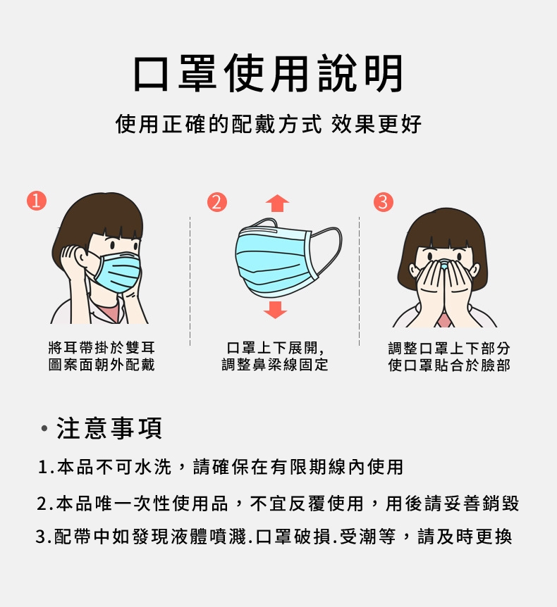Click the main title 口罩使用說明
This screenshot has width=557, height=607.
268,73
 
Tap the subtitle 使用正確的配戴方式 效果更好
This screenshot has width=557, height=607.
268,124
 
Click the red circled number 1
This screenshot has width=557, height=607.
37,201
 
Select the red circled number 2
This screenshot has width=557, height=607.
216,202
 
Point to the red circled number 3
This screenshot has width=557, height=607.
383,202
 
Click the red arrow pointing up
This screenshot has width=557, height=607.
277,204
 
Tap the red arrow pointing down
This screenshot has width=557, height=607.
275,309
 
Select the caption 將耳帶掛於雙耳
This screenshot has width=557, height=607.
102,348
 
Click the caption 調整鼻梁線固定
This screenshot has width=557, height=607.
275,364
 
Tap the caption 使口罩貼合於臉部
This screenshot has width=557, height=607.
449,365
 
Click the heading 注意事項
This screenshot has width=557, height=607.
109,428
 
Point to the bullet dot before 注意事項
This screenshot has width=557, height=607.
44,429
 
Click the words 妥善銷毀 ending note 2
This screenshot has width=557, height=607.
481,503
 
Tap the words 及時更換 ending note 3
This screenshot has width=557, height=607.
475,537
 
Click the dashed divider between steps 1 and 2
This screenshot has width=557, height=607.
190,281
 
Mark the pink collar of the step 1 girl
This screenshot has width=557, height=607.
108,312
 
